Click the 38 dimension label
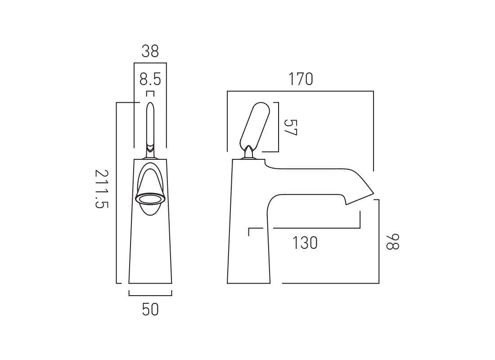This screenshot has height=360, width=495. [150, 51]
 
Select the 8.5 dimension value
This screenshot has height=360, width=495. [150, 80]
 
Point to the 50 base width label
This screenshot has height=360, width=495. [150, 310]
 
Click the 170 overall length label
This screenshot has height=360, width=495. [301, 80]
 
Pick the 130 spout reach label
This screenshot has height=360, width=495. [305, 243]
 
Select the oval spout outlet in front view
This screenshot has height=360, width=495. [150, 198]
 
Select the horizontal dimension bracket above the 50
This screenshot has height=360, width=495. [150, 295]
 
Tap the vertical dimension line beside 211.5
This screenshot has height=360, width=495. [117, 193]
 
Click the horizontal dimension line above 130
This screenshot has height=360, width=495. [315, 228]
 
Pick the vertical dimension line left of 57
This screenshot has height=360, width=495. [279, 127]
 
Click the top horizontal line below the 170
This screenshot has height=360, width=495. [301, 91]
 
